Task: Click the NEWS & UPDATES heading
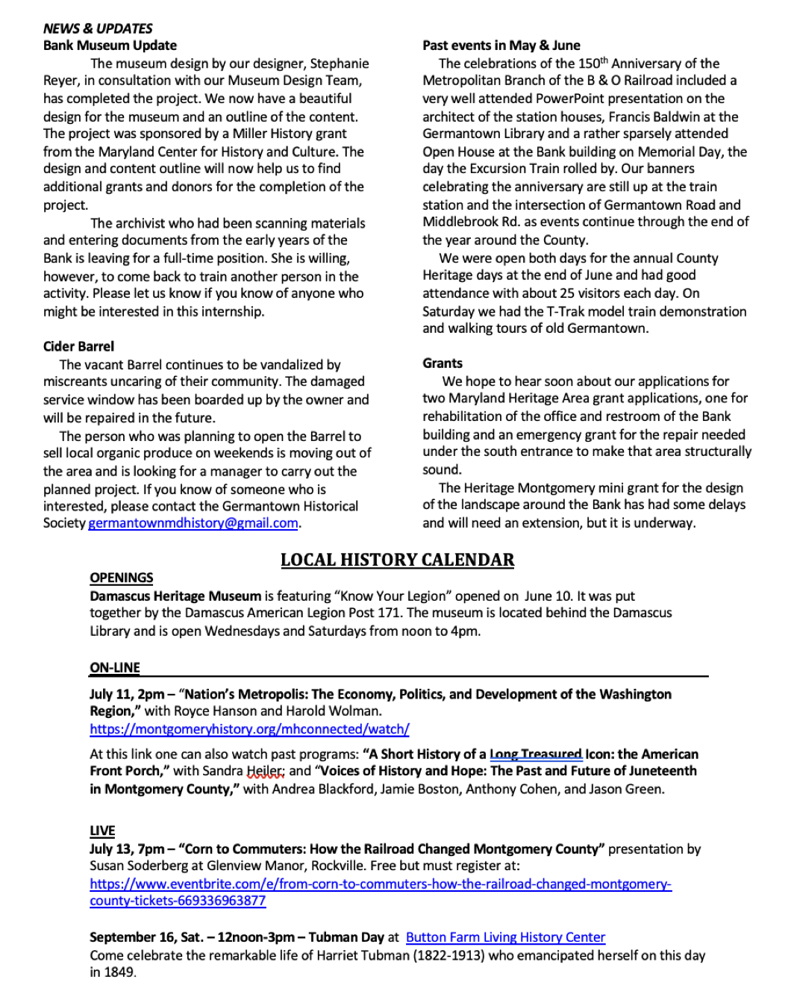coord(98,28)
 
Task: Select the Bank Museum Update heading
coord(110,46)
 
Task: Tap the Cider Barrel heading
coord(78,346)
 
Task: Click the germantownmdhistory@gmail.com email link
coord(193,523)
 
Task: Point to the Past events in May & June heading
coord(501,46)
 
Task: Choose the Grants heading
coord(443,363)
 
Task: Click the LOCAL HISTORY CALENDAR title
coord(397,560)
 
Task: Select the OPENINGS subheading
coord(122,578)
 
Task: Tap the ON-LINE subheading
coord(115,667)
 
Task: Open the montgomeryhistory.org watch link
coord(249,729)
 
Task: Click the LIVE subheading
coord(102,831)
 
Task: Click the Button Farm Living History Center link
coord(505,937)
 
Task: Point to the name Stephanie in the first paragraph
coord(340,63)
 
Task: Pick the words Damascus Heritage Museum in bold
coord(175,596)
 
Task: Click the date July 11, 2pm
coord(127,694)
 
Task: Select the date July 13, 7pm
coord(127,849)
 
